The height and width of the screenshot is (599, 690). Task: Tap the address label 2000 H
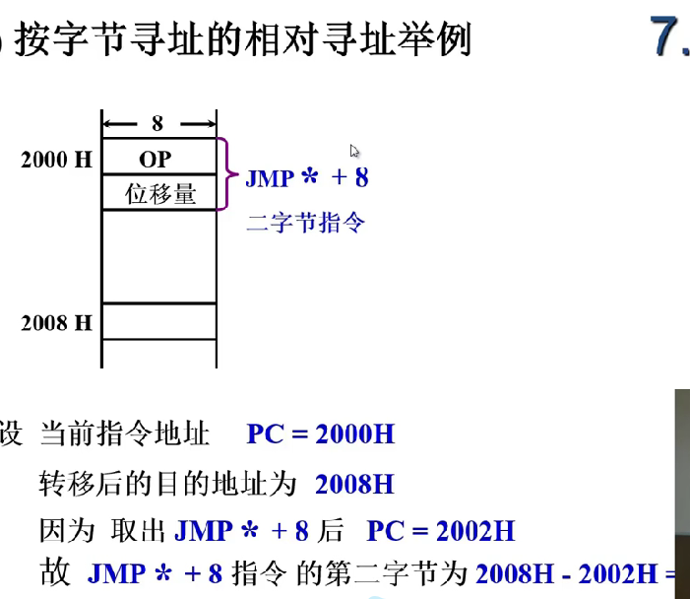(56, 160)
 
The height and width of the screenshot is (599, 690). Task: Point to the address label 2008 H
(56, 322)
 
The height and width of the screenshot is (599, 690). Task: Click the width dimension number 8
(157, 123)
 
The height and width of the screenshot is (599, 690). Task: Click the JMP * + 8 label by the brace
(306, 178)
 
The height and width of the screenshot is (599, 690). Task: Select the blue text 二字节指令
(305, 223)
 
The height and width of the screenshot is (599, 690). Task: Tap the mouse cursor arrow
(354, 152)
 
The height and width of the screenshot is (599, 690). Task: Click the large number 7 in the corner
(667, 38)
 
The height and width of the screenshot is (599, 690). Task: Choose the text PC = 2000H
(321, 433)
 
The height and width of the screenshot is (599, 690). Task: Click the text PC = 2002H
(440, 532)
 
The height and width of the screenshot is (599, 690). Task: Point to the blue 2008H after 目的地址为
(354, 484)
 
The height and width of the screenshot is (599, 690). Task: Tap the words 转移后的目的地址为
(168, 484)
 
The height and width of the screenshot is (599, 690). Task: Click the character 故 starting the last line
(56, 573)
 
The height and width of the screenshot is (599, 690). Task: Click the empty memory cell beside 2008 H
(157, 322)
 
